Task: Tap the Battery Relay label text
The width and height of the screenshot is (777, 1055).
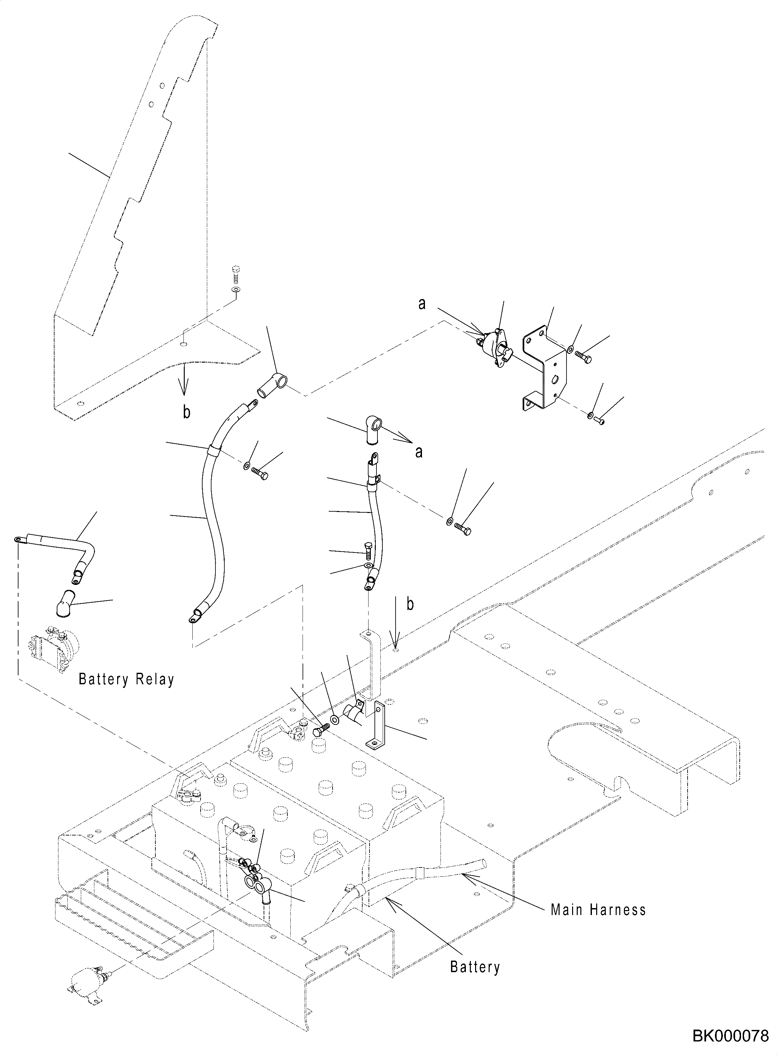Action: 126,679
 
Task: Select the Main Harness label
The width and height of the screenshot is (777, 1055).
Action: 598,910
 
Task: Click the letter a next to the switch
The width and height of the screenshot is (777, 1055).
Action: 422,304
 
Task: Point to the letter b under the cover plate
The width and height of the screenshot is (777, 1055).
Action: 187,412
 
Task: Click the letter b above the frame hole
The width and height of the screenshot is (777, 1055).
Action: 410,605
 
